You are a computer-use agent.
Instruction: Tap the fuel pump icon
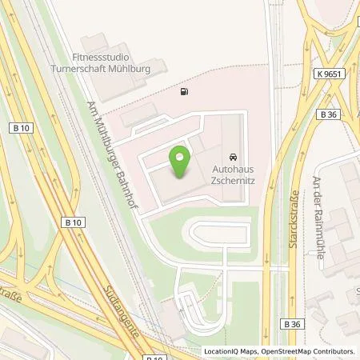point(186,92)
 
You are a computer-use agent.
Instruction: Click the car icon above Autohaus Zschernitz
point(234,156)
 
